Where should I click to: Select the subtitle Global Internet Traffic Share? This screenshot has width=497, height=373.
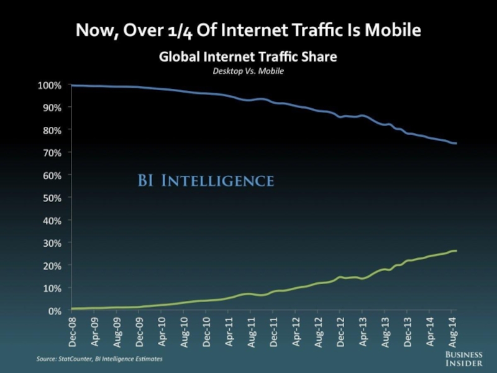pos(248,57)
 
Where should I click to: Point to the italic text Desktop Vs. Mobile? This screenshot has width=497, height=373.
pos(248,71)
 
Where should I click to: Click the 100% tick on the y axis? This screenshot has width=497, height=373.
pos(48,85)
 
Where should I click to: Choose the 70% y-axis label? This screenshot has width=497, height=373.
pos(50,152)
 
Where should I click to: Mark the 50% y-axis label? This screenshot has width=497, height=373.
pos(50,198)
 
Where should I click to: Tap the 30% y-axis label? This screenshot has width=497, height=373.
pos(50,243)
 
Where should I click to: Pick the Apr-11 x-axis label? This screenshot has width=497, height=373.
pos(229,330)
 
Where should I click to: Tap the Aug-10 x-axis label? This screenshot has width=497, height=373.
pos(185,330)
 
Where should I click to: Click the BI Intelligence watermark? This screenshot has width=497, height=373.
pos(205,181)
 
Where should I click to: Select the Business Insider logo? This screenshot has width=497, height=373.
pos(465,357)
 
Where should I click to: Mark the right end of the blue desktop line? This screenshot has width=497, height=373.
pos(457,144)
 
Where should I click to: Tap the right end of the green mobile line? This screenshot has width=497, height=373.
pos(457,251)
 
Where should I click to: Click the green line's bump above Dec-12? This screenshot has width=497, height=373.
pos(340,277)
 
